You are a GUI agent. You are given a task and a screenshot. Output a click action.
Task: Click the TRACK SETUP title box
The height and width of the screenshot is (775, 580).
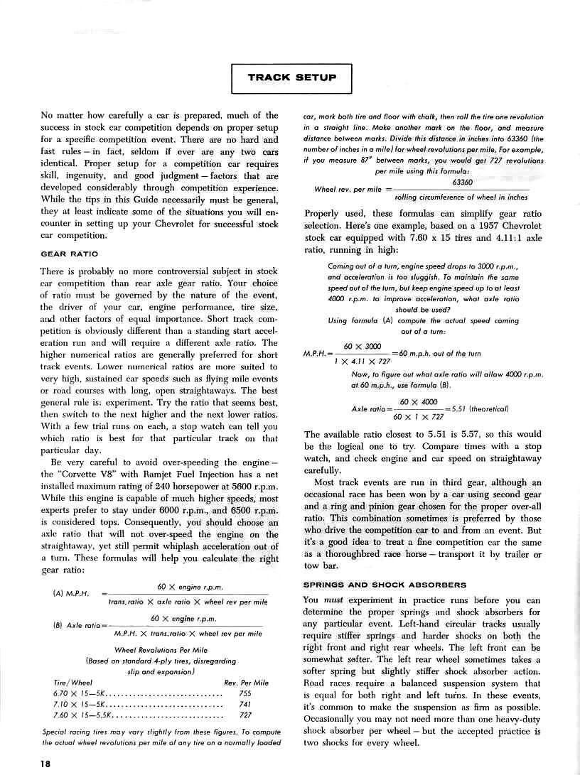(x=292, y=77)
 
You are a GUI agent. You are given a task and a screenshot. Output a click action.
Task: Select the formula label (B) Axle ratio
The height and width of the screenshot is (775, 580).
(x=76, y=625)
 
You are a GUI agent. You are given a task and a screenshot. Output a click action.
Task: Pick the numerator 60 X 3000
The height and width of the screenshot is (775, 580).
(x=362, y=346)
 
